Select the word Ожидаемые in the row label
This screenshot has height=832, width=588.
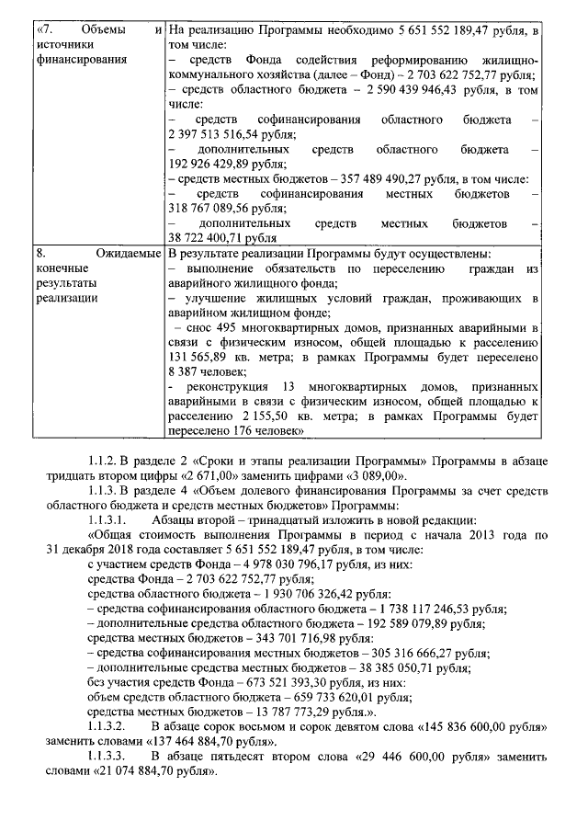[x=128, y=253]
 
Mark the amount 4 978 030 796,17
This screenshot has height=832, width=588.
[x=311, y=563]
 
